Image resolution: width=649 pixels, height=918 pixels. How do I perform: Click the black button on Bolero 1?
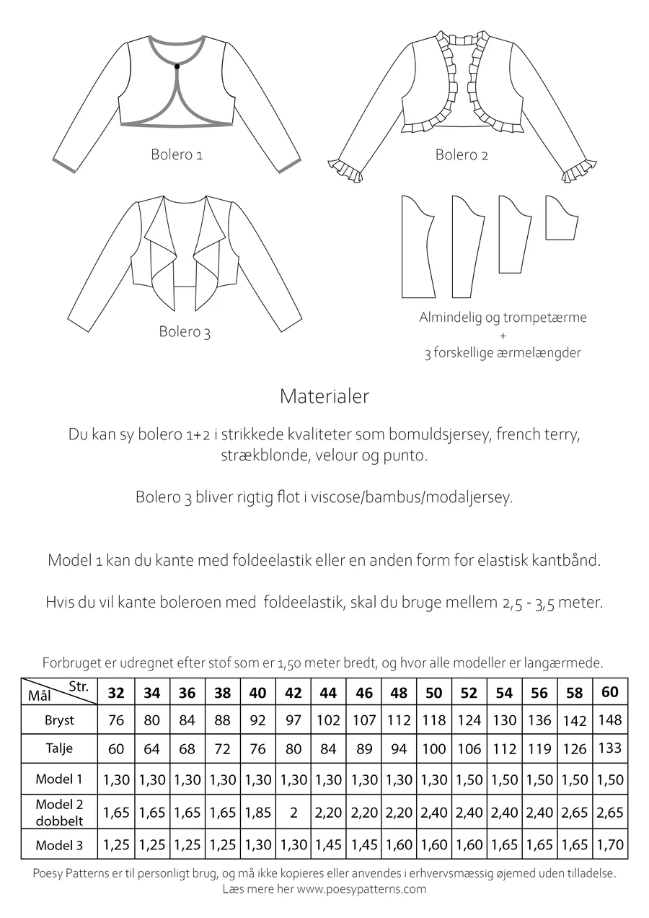tap(177, 66)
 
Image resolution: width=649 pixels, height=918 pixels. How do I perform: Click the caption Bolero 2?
tap(462, 154)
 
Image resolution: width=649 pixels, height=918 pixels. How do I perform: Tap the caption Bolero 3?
tap(185, 332)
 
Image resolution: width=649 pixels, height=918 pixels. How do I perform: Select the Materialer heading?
tap(324, 396)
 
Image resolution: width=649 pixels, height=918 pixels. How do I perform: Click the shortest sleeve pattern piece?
tap(561, 219)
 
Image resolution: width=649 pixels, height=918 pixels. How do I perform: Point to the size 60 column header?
tap(609, 692)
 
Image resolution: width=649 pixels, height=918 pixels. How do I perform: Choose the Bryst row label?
tap(59, 720)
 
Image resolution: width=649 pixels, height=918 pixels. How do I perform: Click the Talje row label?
tap(59, 748)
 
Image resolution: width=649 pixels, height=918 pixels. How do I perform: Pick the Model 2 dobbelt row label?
tap(59, 812)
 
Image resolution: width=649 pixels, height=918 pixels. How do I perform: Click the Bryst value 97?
tap(293, 720)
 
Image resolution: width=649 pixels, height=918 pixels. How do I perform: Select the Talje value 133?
tap(609, 748)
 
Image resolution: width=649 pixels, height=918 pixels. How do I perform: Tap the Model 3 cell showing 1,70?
tap(609, 844)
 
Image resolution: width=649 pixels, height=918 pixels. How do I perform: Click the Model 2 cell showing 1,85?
tap(258, 812)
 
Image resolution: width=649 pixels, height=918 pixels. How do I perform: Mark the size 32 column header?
tap(116, 693)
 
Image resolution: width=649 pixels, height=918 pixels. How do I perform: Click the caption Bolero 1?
tap(177, 154)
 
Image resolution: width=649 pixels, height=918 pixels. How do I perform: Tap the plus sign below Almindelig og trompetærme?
tap(503, 336)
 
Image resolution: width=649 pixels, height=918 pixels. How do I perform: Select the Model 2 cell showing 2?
tap(293, 812)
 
